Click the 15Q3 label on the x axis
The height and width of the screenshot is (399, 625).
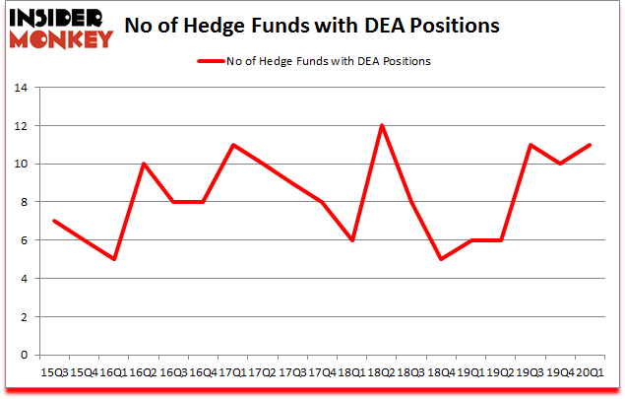pos(54,372)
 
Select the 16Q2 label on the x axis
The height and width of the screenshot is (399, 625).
pos(144,372)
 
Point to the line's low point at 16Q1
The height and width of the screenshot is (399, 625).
pos(114,259)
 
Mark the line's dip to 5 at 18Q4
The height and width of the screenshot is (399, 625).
pos(442,259)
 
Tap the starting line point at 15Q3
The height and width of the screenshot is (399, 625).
pos(54,221)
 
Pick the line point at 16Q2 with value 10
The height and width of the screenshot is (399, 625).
pos(144,164)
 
